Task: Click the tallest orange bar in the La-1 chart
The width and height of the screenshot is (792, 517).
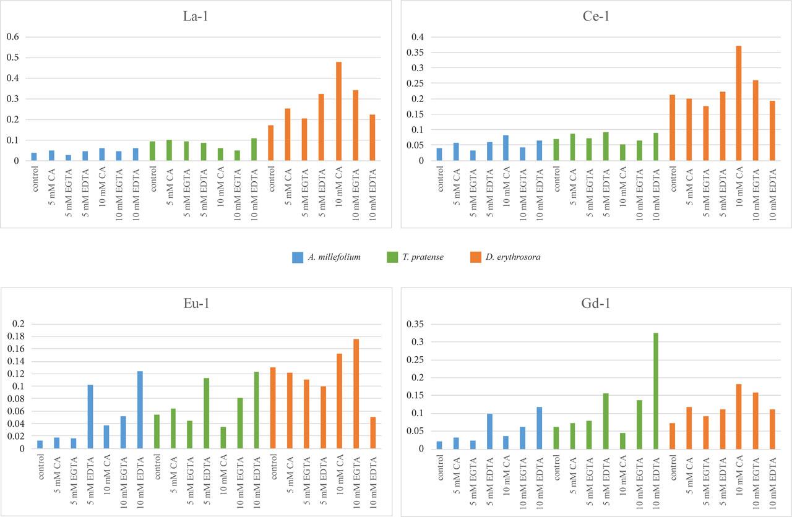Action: [338, 111]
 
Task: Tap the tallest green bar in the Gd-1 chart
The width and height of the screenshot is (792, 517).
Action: [655, 391]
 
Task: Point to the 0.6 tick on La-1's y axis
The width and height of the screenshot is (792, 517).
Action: [13, 37]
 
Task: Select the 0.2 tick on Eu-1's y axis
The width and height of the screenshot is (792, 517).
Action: [17, 324]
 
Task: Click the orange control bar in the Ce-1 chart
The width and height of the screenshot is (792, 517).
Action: [672, 127]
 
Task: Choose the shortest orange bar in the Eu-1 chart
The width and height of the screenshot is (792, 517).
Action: [372, 432]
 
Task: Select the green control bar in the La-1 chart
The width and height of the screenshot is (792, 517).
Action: [152, 151]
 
